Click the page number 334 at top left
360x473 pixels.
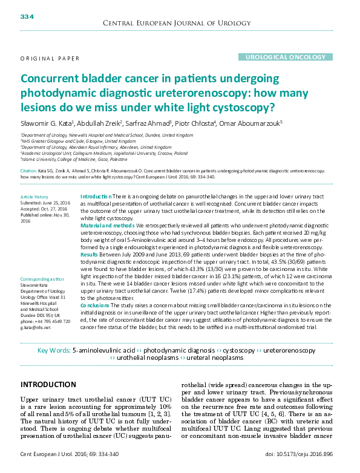27,16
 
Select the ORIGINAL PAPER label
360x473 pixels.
50,59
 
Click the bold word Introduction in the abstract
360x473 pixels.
95,197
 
